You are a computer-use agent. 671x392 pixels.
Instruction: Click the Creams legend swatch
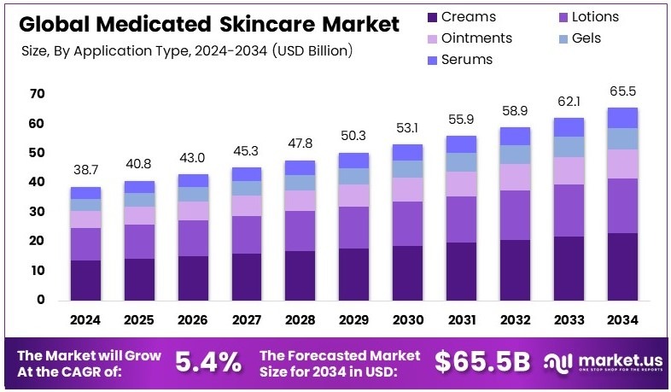pos(433,17)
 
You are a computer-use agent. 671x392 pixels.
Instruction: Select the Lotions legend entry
pos(594,17)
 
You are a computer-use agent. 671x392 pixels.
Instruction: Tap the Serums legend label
pos(467,60)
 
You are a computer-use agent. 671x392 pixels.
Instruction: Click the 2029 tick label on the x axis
pos(353,319)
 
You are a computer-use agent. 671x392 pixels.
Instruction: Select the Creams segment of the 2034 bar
pos(623,266)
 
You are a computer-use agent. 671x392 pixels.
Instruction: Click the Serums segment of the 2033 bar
pos(569,126)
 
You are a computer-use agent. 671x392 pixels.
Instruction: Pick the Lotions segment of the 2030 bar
pos(408,224)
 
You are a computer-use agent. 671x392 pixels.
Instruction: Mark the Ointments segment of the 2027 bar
pos(247,205)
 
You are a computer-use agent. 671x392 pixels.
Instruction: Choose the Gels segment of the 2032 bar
pos(516,154)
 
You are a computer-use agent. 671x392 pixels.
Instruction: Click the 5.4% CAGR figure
pos(208,362)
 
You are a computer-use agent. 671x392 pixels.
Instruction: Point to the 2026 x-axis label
pos(192,319)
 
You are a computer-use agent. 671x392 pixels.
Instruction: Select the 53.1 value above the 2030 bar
pos(408,129)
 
